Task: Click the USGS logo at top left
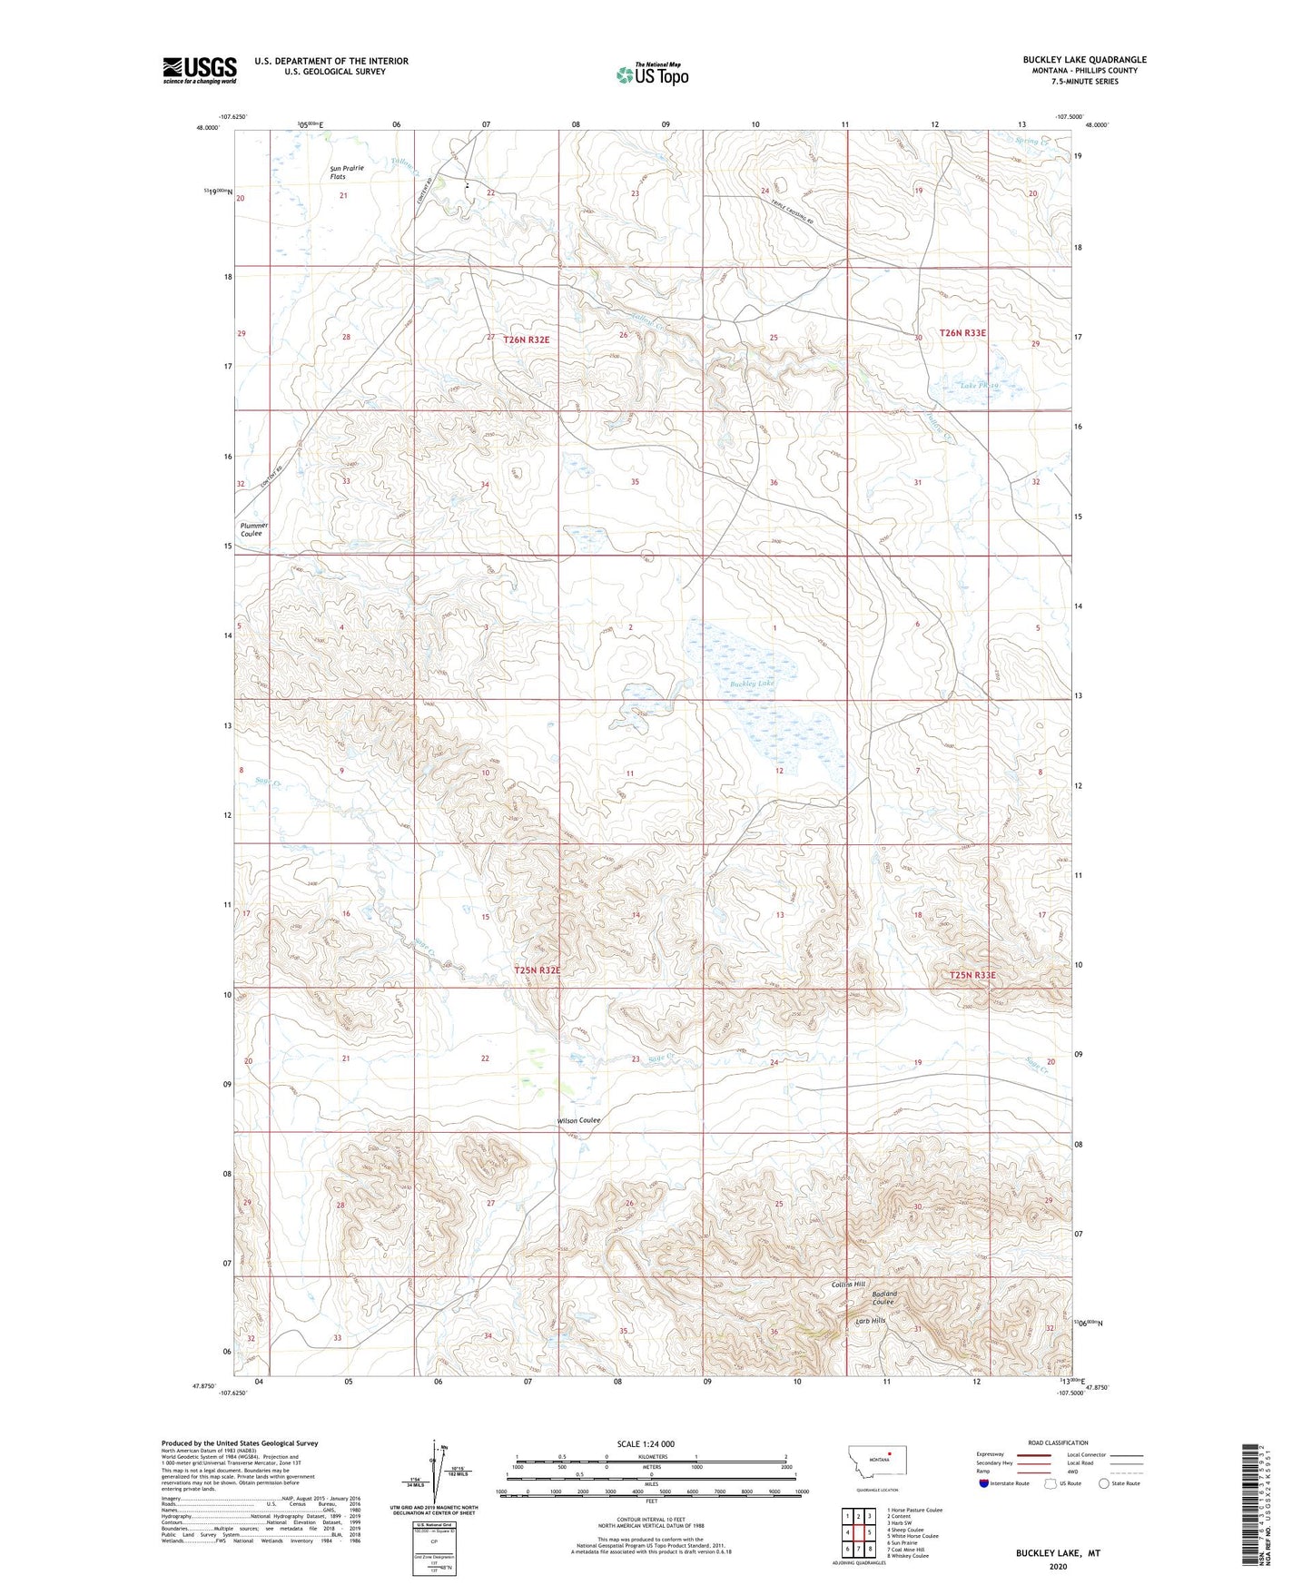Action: pyautogui.click(x=199, y=70)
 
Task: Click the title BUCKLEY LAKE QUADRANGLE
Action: pyautogui.click(x=1084, y=60)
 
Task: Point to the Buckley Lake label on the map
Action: pyautogui.click(x=752, y=683)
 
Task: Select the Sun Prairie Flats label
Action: pyautogui.click(x=347, y=172)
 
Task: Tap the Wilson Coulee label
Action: pyautogui.click(x=578, y=1121)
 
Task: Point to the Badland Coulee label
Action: pyautogui.click(x=884, y=1298)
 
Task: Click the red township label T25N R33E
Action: pyautogui.click(x=972, y=975)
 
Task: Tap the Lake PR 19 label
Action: pyautogui.click(x=980, y=386)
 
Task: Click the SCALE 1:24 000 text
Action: pyautogui.click(x=646, y=1443)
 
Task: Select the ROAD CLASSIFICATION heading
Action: pyautogui.click(x=1058, y=1442)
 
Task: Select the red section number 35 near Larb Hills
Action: pyautogui.click(x=624, y=1331)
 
